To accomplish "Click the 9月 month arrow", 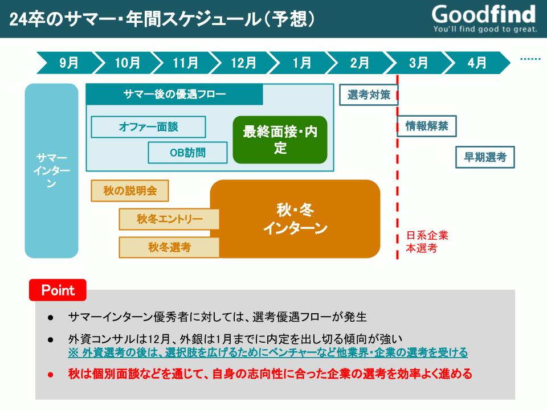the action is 68,63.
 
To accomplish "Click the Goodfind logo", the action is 484,18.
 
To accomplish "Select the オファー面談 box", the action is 148,127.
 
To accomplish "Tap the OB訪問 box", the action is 187,153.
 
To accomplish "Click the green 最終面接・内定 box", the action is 280,140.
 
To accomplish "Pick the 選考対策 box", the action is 369,95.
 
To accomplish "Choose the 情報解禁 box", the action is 427,126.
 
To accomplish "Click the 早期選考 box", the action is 485,157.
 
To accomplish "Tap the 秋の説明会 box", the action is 130,191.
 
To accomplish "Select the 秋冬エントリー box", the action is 169,219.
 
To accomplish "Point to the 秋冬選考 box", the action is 169,248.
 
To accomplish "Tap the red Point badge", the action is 58,290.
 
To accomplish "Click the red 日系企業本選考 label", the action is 427,241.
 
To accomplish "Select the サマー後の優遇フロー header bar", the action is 174,94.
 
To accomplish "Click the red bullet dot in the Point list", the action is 51,375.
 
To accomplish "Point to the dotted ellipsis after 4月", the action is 530,59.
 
